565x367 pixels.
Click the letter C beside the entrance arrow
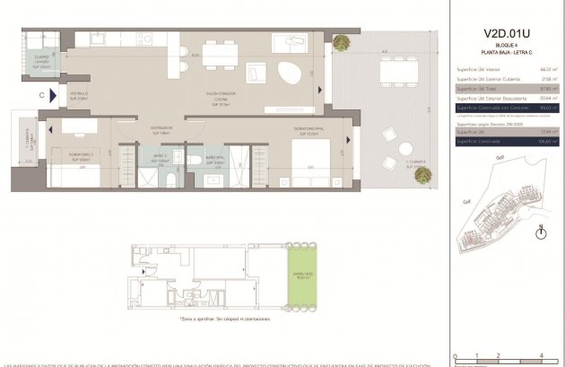(x=41, y=93)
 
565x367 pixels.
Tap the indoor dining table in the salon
(x=219, y=54)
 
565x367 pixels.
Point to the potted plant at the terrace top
(x=343, y=42)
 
